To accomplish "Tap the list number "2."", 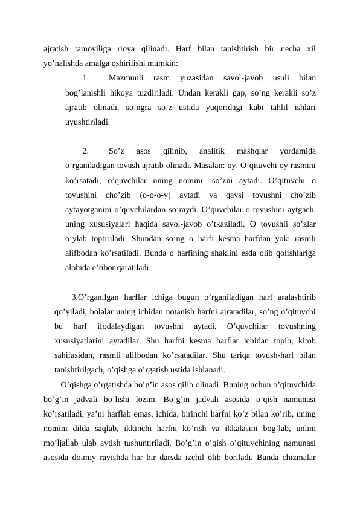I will [x=86, y=151].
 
